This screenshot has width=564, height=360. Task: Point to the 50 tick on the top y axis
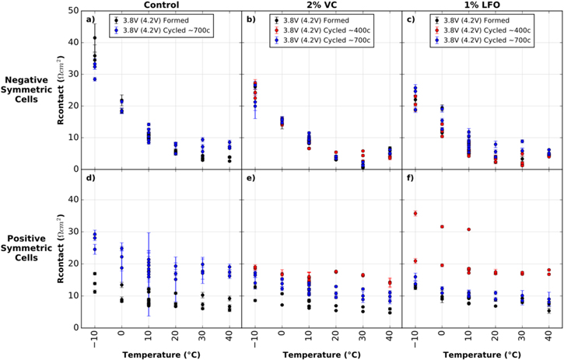(71, 11)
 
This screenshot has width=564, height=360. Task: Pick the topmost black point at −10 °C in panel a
(95, 37)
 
